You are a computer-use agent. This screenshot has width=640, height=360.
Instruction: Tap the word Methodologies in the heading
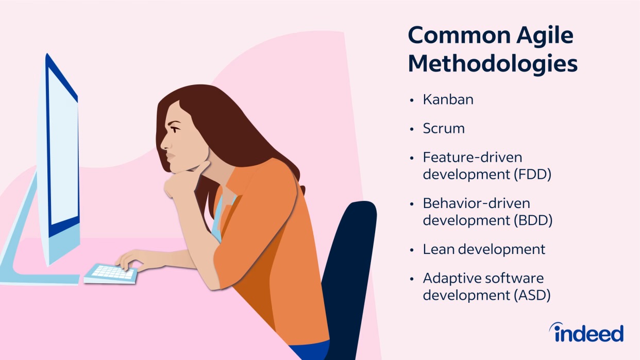(x=493, y=64)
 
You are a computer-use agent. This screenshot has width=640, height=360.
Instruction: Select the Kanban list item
(x=448, y=99)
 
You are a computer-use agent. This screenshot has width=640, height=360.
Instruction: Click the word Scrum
(x=444, y=128)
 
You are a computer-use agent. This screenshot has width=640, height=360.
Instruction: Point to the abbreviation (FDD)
(x=533, y=174)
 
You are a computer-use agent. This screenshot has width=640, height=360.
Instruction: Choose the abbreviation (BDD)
(x=533, y=220)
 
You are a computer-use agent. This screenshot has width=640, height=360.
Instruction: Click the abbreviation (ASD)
(x=532, y=295)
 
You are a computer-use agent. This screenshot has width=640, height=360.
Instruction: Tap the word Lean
(x=440, y=249)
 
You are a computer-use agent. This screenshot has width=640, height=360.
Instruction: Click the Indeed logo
(x=586, y=332)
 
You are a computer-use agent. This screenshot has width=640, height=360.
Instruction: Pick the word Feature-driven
(x=473, y=157)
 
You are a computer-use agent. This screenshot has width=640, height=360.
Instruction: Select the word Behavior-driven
(x=477, y=203)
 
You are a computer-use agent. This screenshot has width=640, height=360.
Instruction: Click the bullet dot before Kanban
(x=412, y=100)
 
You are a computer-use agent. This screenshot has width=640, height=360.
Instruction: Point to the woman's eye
(x=175, y=130)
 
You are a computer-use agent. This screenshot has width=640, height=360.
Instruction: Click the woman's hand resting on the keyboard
(x=134, y=260)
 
